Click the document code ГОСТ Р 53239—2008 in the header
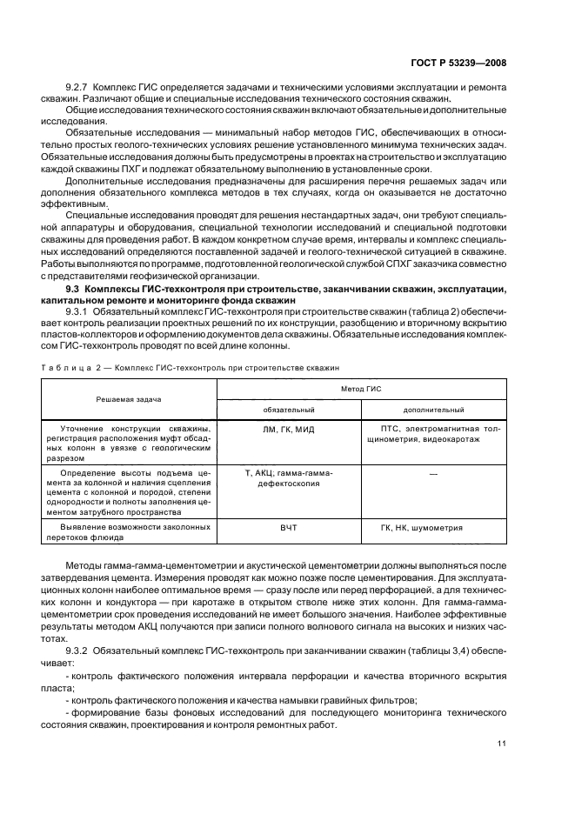pyautogui.click(x=459, y=63)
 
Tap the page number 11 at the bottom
pyautogui.click(x=502, y=743)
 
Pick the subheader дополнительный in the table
pyautogui.click(x=433, y=410)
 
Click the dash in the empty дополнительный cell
pyautogui.click(x=433, y=473)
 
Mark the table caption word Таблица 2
pyautogui.click(x=66, y=368)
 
